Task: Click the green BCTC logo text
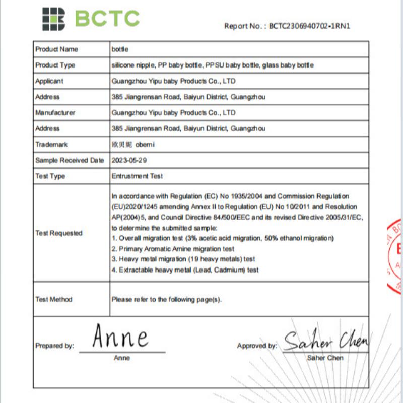pos(107,19)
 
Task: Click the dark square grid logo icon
pos(53,19)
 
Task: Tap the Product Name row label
pos(56,49)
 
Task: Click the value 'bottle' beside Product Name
pos(120,49)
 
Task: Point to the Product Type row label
pos(55,65)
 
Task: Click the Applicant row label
pos(49,81)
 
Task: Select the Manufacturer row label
pos(55,112)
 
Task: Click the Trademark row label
pos(51,144)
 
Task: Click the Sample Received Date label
pos(70,160)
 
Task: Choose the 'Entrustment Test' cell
pos(137,176)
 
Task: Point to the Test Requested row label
pos(58,233)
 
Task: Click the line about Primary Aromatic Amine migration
pos(173,249)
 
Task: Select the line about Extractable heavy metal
pos(185,270)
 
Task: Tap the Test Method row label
pos(53,299)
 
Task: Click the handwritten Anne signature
pos(121,338)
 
